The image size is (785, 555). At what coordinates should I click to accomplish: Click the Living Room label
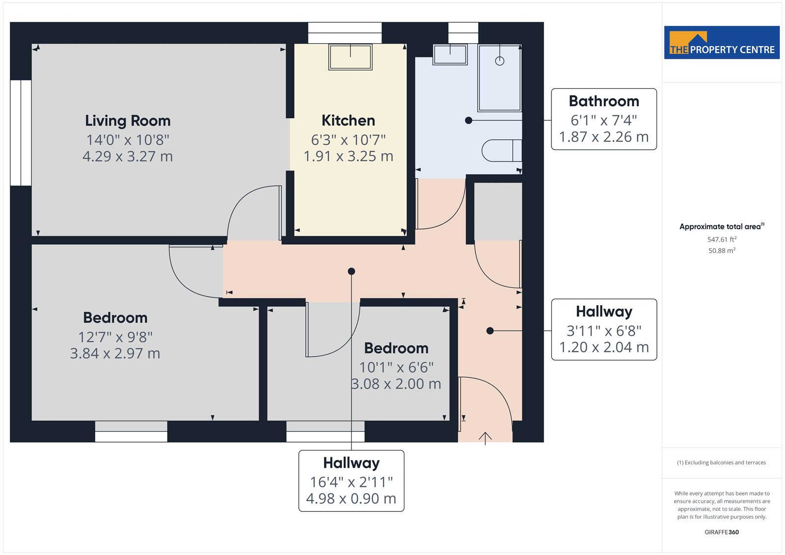(x=128, y=121)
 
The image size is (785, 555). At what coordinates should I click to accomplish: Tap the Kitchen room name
(x=348, y=121)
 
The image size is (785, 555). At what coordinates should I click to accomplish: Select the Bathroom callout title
(x=604, y=101)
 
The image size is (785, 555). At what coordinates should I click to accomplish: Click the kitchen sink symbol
(x=350, y=57)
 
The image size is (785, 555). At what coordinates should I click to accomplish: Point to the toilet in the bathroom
(x=502, y=151)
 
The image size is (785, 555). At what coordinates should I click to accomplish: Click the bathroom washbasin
(x=450, y=54)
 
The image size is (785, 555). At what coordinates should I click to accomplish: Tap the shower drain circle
(x=500, y=61)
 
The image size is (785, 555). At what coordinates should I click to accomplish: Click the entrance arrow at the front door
(x=485, y=438)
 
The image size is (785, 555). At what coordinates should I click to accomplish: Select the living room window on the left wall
(x=21, y=132)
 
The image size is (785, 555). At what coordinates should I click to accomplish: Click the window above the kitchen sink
(x=345, y=33)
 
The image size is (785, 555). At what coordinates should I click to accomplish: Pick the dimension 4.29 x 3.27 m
(x=128, y=157)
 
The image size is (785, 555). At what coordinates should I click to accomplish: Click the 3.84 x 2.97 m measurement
(x=115, y=353)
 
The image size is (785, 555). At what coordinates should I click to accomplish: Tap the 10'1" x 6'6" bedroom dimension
(x=396, y=368)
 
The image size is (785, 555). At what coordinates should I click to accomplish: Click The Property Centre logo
(x=722, y=42)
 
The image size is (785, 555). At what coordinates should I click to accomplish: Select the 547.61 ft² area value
(x=722, y=239)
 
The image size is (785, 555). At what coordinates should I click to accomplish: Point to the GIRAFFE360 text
(x=722, y=532)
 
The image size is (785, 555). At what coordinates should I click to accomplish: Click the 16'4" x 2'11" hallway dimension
(x=351, y=482)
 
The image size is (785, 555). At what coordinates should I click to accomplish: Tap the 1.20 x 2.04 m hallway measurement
(x=604, y=347)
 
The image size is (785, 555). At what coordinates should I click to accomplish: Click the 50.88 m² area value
(x=722, y=251)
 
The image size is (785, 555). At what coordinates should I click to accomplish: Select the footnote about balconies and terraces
(x=722, y=463)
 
